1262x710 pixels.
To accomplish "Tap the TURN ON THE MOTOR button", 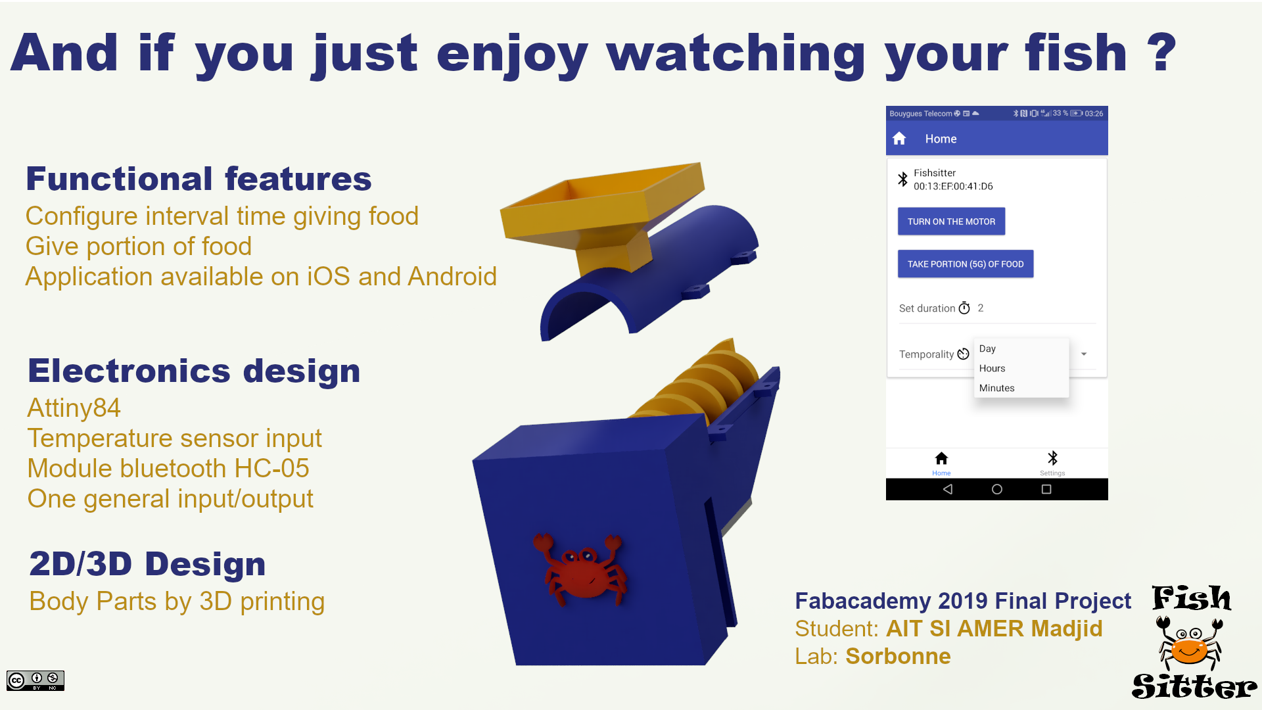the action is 951,222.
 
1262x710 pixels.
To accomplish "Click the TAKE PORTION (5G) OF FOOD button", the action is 966,264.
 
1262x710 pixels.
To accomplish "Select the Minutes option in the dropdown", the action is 996,388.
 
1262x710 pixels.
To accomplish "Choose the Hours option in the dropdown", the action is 992,368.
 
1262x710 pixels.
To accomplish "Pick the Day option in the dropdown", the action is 987,348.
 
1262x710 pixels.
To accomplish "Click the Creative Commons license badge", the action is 35,680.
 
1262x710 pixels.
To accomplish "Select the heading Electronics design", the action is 194,371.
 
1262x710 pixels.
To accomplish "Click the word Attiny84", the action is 74,408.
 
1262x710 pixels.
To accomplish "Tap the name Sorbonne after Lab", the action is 898,656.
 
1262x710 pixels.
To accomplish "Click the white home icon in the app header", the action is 899,139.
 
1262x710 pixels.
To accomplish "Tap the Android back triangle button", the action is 947,489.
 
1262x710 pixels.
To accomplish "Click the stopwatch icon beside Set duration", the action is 964,308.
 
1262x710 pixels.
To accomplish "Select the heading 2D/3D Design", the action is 147,564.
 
